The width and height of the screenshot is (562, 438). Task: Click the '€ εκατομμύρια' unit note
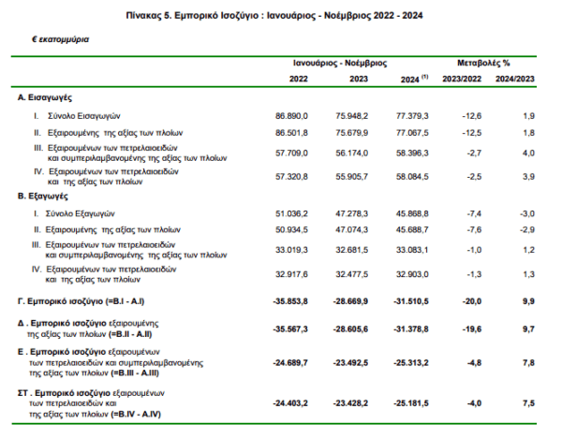(x=61, y=39)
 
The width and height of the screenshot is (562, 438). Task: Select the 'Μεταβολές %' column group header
(x=483, y=63)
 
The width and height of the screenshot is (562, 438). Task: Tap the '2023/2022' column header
(x=462, y=79)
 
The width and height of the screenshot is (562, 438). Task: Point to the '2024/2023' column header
(x=514, y=79)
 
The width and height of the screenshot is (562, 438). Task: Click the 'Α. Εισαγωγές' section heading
(x=45, y=97)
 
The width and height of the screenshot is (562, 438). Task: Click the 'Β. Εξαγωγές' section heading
(x=43, y=197)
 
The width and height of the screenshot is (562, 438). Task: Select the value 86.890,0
(x=291, y=116)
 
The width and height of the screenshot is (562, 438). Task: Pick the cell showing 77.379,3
(x=412, y=116)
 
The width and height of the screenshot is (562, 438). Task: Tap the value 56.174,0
(x=351, y=153)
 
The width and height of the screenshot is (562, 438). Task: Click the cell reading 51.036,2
(x=291, y=213)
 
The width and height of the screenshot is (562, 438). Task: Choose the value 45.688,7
(x=412, y=229)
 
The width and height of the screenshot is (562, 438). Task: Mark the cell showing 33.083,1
(x=412, y=250)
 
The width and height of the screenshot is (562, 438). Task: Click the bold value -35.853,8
(x=290, y=301)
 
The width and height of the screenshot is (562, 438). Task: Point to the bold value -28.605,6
(x=350, y=329)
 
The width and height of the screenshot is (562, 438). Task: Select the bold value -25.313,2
(x=411, y=363)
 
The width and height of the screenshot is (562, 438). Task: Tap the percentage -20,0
(x=472, y=301)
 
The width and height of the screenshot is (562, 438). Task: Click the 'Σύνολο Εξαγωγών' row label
(x=80, y=213)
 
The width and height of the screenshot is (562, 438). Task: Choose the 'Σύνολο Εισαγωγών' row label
(x=84, y=116)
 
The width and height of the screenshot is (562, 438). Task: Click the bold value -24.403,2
(x=290, y=403)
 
